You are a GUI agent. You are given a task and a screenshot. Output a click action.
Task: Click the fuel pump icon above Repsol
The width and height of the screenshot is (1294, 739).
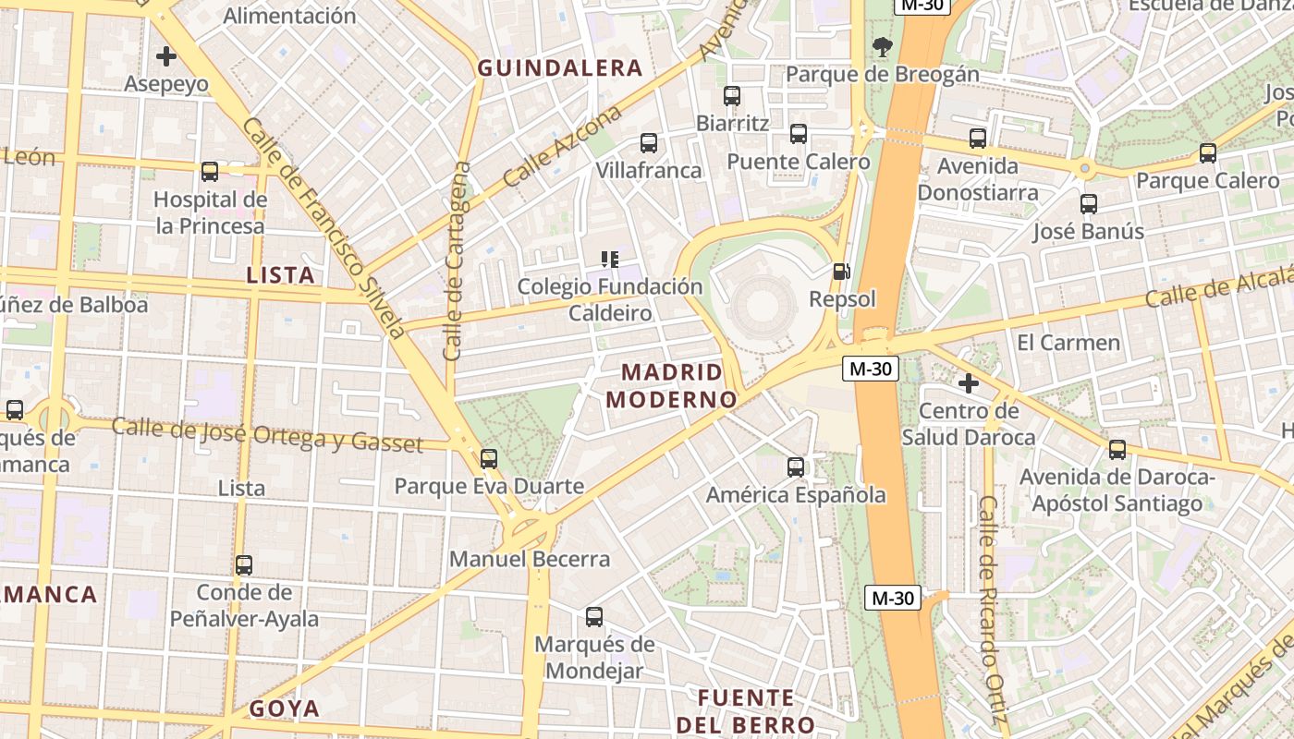[841, 272]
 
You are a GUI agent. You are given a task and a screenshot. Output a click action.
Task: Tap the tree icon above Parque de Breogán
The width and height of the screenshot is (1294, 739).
[883, 46]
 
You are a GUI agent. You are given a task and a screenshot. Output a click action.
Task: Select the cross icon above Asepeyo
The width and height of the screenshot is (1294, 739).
[166, 56]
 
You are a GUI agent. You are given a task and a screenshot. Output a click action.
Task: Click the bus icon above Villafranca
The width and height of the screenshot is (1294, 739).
[649, 143]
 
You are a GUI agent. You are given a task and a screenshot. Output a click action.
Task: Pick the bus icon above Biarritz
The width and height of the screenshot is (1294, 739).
[732, 95]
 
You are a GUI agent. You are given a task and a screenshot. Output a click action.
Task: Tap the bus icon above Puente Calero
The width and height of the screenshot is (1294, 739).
[799, 134]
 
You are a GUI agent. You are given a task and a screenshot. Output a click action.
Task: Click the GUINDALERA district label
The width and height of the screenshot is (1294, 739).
[559, 67]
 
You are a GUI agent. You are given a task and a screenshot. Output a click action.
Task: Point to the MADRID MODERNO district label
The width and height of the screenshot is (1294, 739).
[671, 386]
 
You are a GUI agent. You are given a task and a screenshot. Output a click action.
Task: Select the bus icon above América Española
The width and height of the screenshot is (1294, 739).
[796, 467]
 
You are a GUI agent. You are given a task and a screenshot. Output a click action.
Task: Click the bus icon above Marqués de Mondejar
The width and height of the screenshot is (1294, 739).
[594, 616]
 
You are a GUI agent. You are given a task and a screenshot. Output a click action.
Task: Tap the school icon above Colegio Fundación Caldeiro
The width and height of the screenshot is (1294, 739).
[609, 260]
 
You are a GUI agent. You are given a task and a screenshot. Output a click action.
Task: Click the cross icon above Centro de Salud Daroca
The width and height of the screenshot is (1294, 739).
[969, 382]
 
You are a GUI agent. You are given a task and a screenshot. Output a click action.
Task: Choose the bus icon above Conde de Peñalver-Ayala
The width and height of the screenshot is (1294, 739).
[244, 564]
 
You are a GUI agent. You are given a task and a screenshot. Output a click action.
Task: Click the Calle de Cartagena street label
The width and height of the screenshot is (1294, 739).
[457, 262]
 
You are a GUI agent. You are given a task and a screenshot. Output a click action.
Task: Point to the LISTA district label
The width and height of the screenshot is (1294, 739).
[281, 274]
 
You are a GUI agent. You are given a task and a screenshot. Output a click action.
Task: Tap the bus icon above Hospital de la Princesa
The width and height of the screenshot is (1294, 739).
[210, 171]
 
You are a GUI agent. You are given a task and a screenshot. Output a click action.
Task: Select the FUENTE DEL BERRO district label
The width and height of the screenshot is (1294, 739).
[745, 710]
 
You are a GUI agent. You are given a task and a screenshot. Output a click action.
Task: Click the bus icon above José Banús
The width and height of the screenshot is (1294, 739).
[1089, 203]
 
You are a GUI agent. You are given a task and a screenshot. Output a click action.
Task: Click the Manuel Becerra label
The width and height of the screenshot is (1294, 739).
[530, 559]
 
